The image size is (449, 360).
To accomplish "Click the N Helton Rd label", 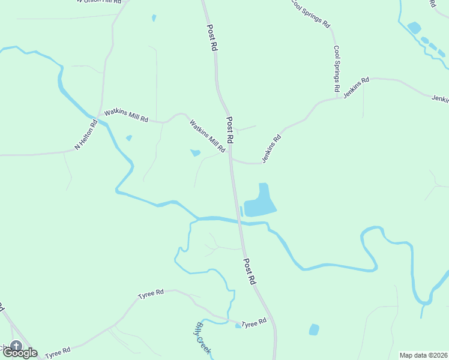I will pyautogui.click(x=86, y=136).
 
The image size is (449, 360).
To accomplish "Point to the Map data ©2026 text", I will pyautogui.click(x=423, y=355).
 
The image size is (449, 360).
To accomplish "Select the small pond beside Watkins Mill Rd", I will pyautogui.click(x=195, y=153).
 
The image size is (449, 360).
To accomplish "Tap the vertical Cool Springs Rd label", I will pyautogui.click(x=337, y=68).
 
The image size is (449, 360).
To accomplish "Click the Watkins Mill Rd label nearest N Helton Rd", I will pyautogui.click(x=126, y=115).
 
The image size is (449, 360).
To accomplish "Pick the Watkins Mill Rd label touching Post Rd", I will pyautogui.click(x=207, y=136).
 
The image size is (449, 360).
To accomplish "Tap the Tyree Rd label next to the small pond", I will pyautogui.click(x=255, y=323).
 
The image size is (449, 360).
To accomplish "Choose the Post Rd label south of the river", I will pyautogui.click(x=250, y=271).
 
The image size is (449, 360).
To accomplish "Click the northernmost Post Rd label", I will pyautogui.click(x=211, y=37).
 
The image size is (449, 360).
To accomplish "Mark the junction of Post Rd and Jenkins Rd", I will pyautogui.click(x=232, y=160).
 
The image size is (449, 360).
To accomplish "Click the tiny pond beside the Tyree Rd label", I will pyautogui.click(x=238, y=326).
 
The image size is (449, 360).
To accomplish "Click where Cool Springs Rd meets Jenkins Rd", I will pyautogui.click(x=337, y=97).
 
